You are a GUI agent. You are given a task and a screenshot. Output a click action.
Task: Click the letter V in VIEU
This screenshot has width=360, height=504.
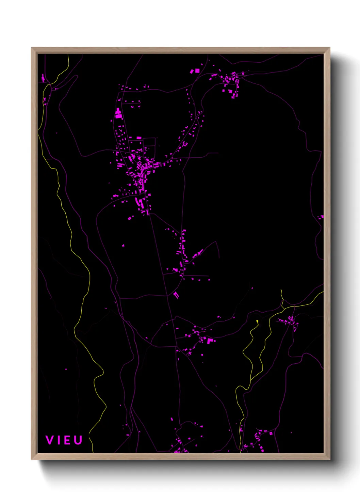click(x=50, y=440)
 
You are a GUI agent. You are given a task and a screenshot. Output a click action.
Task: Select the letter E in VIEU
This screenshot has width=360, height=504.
click(x=67, y=440)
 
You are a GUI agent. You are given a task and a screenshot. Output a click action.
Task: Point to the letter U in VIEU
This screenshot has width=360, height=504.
click(x=78, y=440)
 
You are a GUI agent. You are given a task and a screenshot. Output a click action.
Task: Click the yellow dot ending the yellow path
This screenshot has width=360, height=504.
click(x=257, y=321)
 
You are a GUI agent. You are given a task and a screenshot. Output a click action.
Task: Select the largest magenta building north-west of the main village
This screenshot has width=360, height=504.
click(x=118, y=114)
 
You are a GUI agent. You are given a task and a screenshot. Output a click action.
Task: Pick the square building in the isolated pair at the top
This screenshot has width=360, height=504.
click(x=197, y=70)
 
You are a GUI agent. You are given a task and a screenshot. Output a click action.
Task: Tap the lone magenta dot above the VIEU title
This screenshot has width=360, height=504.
click(x=66, y=369)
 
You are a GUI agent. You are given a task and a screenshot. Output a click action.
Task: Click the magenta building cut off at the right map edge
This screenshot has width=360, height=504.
click(x=322, y=217)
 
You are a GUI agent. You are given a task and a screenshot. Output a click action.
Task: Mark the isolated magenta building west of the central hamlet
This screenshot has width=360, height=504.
click(x=123, y=245)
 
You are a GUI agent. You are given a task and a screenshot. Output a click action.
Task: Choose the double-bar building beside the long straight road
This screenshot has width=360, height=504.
click(x=176, y=295)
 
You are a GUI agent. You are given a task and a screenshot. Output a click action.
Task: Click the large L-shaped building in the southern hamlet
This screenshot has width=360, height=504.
click(x=210, y=340)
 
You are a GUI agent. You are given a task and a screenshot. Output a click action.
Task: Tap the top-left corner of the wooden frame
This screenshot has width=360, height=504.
click(x=32, y=48)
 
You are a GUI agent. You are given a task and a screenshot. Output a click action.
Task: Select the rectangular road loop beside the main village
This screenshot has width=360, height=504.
click(x=149, y=143)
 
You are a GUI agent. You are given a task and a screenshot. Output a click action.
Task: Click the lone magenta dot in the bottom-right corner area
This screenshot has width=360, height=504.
click(x=291, y=433)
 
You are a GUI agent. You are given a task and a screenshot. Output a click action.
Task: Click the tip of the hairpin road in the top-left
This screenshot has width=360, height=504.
click(x=76, y=76)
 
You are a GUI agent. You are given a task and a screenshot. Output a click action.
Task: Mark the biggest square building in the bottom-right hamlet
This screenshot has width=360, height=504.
click(x=271, y=434)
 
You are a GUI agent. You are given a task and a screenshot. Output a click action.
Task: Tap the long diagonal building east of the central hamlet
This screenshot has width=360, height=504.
click(x=198, y=253)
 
